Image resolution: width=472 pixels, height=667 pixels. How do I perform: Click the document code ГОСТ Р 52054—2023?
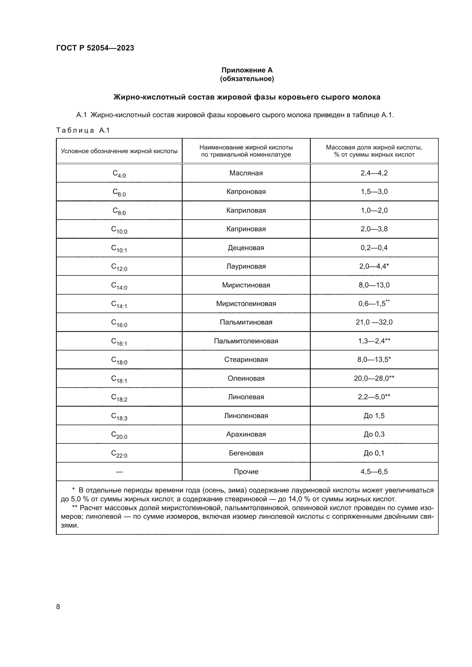coord(95,48)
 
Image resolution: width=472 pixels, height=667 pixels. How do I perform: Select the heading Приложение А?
coord(247,70)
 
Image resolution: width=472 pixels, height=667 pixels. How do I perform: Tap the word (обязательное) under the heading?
coord(247,79)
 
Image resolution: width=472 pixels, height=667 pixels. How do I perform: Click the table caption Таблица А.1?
coord(83,130)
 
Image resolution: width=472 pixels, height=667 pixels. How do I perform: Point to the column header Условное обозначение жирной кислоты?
coord(119,151)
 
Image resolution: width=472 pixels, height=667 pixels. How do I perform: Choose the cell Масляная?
coord(246,173)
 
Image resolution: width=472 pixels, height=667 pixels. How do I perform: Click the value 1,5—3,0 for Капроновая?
coord(374,192)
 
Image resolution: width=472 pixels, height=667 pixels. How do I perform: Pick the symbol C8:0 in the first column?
coord(119,211)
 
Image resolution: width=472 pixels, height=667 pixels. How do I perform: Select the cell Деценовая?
coord(246,248)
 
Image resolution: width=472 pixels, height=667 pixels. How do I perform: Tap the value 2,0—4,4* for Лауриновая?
coord(374,266)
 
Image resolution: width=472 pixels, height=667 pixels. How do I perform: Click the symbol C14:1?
coord(119,304)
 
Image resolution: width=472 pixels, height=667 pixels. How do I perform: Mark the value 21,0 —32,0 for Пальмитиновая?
coord(374,322)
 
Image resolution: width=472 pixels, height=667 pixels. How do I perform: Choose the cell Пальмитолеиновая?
coord(246,341)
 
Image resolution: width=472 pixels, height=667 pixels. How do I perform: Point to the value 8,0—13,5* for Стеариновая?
coord(374,360)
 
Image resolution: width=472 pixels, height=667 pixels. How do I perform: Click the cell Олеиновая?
coord(246,378)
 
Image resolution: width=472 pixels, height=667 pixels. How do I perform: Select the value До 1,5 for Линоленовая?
coord(374,416)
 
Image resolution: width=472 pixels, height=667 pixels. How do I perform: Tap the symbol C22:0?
coord(119,453)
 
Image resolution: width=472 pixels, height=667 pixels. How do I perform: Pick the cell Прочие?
coord(246,472)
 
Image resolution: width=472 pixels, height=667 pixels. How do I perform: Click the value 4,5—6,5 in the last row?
coord(374,472)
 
